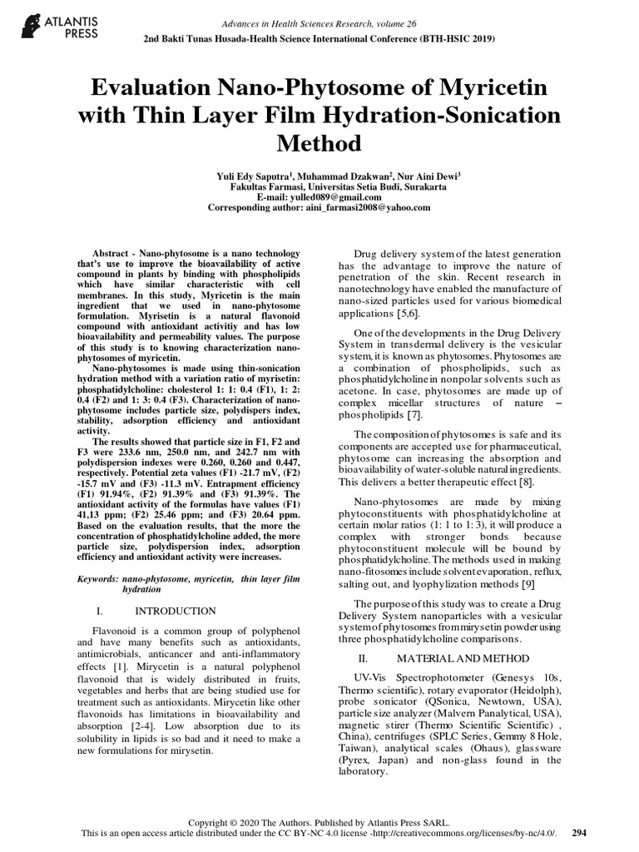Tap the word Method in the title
click(x=319, y=143)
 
